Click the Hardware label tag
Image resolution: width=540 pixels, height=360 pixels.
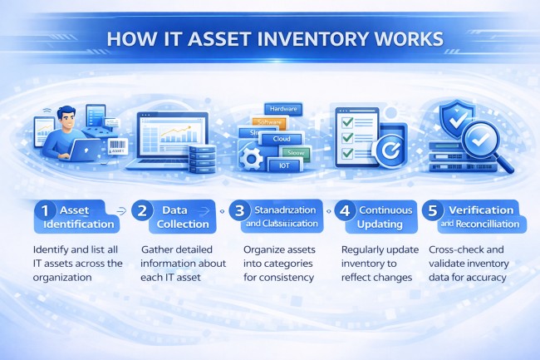(x=284, y=108)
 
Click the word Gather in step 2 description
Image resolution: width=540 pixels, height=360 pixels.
(x=159, y=249)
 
